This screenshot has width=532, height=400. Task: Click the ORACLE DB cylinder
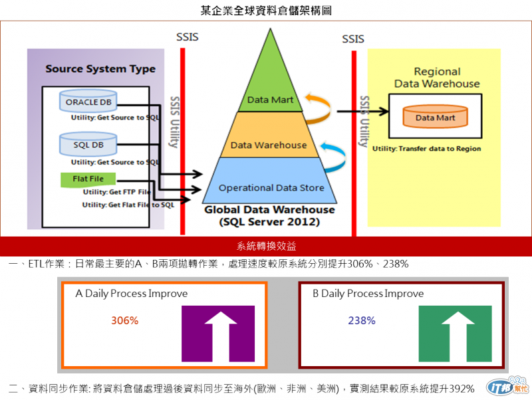[x=89, y=103]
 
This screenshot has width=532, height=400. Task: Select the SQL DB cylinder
[x=88, y=144]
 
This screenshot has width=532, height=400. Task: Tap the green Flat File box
[x=88, y=179]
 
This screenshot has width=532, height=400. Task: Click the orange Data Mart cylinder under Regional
[x=434, y=118]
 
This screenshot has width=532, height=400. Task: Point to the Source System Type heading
[x=100, y=69]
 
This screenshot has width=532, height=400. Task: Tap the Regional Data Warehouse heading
[x=437, y=78]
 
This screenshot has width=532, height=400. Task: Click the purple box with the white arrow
[x=218, y=333]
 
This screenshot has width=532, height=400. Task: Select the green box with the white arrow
[x=456, y=333]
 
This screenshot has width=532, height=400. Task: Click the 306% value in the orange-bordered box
[x=124, y=320]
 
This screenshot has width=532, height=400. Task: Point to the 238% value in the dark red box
[x=362, y=320]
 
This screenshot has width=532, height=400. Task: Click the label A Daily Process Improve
[x=132, y=294]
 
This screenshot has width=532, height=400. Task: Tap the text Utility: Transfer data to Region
[x=426, y=148]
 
